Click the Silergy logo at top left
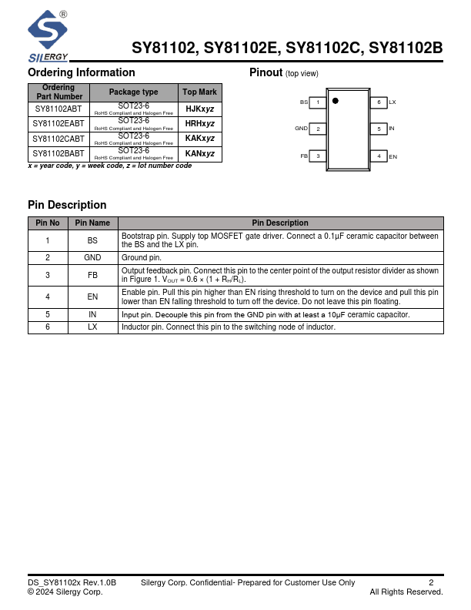(x=48, y=35)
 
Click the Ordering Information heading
(x=81, y=72)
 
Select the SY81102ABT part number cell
(x=58, y=109)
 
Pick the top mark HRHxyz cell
(x=200, y=123)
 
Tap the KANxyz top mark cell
(x=200, y=153)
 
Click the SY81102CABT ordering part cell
(x=58, y=139)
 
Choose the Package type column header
(x=134, y=92)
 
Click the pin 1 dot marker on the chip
(x=335, y=101)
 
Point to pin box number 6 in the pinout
(x=378, y=102)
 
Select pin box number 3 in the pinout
(x=318, y=156)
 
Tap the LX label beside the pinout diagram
(x=392, y=102)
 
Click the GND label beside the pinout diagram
(x=301, y=129)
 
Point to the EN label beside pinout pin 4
(x=392, y=156)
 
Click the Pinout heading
(x=266, y=72)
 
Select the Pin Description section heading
(x=67, y=205)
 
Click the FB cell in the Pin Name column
(x=92, y=275)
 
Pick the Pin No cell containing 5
(x=48, y=314)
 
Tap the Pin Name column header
(x=92, y=223)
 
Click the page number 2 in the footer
(x=431, y=583)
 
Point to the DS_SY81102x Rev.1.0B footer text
(x=72, y=583)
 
